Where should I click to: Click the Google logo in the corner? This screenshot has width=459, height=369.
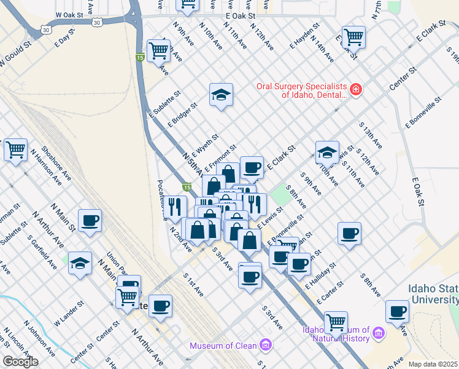(x=20, y=362)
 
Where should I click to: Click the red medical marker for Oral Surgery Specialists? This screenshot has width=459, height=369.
(x=356, y=91)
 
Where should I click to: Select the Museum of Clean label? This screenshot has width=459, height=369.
(x=223, y=346)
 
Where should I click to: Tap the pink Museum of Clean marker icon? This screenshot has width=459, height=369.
(x=265, y=345)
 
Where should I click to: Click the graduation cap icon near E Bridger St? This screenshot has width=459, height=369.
(x=221, y=95)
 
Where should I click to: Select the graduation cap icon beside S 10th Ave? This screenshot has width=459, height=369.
(x=327, y=152)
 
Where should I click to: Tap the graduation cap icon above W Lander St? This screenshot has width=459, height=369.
(x=80, y=263)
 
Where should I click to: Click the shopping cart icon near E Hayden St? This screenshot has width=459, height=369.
(x=353, y=37)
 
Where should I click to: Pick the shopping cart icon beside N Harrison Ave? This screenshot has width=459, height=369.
(x=15, y=149)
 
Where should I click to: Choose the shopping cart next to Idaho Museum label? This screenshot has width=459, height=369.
(x=336, y=322)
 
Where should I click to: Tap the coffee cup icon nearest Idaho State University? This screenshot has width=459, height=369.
(x=397, y=311)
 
